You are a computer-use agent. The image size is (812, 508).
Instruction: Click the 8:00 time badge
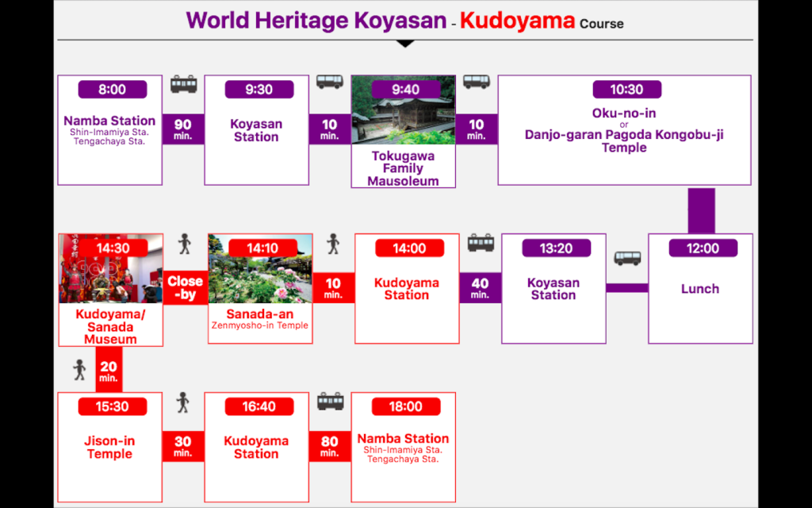(113, 89)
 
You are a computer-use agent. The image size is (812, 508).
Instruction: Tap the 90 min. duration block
(183, 129)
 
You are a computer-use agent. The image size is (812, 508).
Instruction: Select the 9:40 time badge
(405, 89)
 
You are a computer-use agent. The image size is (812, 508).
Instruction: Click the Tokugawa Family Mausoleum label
(403, 168)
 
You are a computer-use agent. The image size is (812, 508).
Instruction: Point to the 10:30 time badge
(626, 89)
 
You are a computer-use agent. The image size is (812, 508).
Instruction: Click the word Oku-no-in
(624, 113)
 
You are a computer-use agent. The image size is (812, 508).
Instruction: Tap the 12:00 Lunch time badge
(703, 248)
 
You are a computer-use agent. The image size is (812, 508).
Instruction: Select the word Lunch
(700, 289)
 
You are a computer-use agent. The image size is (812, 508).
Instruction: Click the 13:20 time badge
(556, 248)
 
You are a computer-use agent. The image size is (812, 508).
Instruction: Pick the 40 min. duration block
(480, 287)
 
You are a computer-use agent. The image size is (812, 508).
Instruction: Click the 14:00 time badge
(410, 248)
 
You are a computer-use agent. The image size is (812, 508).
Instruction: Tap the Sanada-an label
(260, 314)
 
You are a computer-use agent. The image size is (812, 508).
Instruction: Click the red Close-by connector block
(185, 287)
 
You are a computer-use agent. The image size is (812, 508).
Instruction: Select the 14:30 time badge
(113, 248)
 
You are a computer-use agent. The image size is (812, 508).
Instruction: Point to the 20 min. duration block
(109, 370)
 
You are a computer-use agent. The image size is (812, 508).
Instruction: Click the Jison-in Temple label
(109, 448)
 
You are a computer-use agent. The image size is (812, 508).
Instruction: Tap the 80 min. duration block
(330, 446)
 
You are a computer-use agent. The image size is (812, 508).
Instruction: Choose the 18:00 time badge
(406, 406)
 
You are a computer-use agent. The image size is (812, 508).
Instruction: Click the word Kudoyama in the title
(517, 21)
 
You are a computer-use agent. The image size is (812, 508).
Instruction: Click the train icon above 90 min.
(184, 83)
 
